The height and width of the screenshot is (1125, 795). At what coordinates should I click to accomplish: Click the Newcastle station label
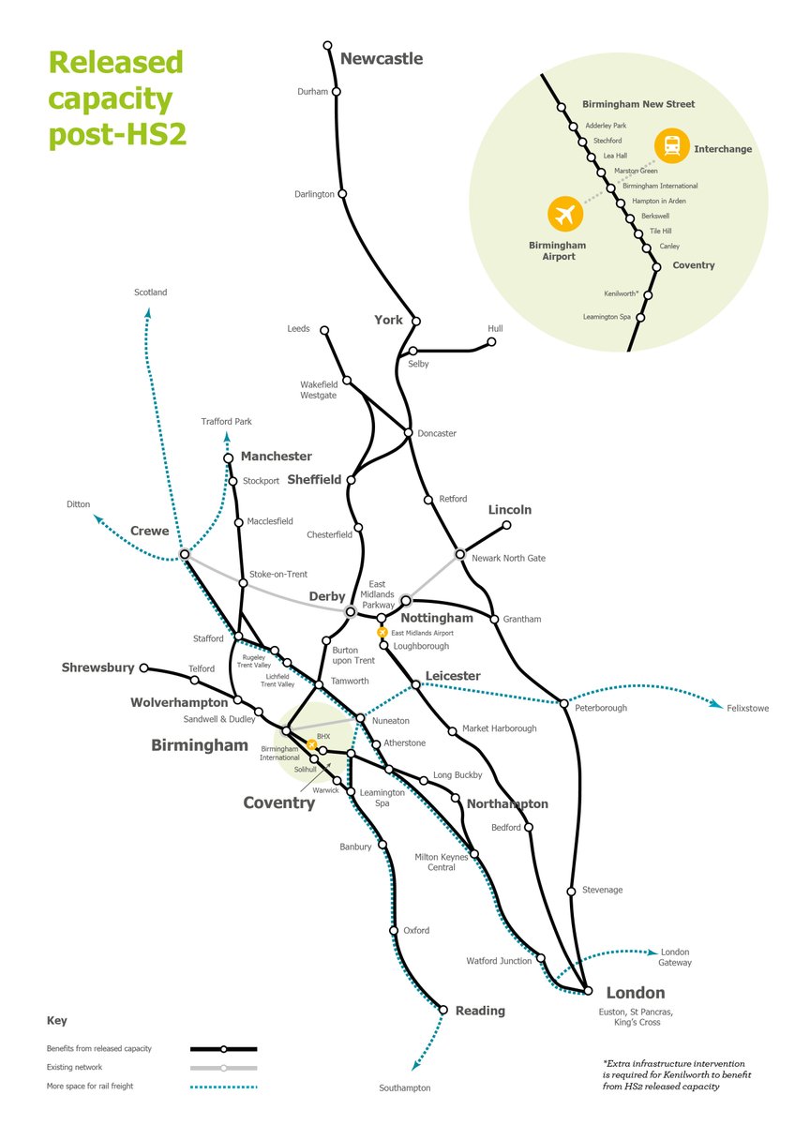(x=381, y=59)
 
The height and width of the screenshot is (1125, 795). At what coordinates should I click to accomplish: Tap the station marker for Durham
(x=336, y=92)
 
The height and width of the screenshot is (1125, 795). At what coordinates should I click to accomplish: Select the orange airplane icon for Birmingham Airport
(x=565, y=215)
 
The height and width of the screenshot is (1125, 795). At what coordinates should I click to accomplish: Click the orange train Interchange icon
(x=671, y=146)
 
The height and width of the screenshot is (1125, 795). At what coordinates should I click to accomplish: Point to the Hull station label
(x=495, y=329)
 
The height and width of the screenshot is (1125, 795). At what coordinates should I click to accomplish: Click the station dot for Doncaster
(x=408, y=432)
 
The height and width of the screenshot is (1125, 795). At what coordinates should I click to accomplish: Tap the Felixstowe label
(x=747, y=709)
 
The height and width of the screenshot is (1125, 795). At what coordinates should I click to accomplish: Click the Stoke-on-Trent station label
(x=279, y=574)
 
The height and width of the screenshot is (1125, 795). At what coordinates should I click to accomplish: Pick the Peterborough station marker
(x=562, y=701)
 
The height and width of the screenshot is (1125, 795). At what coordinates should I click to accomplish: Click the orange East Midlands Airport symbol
(x=382, y=633)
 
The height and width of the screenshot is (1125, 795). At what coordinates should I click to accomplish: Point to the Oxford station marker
(x=394, y=931)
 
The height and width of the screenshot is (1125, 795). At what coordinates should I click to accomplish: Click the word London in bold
(x=635, y=993)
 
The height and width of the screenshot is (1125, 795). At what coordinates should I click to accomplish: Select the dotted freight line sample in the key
(x=223, y=1087)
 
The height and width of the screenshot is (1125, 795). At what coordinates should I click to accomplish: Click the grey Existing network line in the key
(x=223, y=1068)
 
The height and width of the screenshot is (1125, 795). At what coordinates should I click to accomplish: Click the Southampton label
(x=405, y=1087)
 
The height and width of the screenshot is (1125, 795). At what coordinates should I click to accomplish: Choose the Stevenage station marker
(x=571, y=891)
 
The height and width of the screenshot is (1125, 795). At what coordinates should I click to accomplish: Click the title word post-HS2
(x=117, y=133)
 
